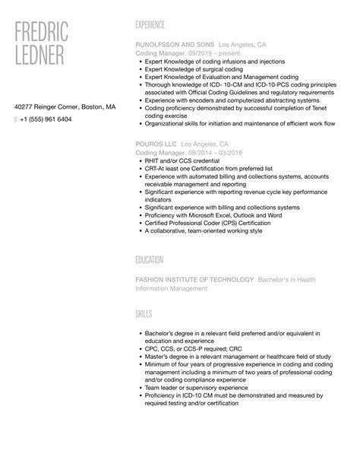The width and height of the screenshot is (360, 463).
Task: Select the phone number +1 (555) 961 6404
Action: [x=46, y=119]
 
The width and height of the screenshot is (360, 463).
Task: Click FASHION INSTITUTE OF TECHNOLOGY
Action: [x=194, y=280]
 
